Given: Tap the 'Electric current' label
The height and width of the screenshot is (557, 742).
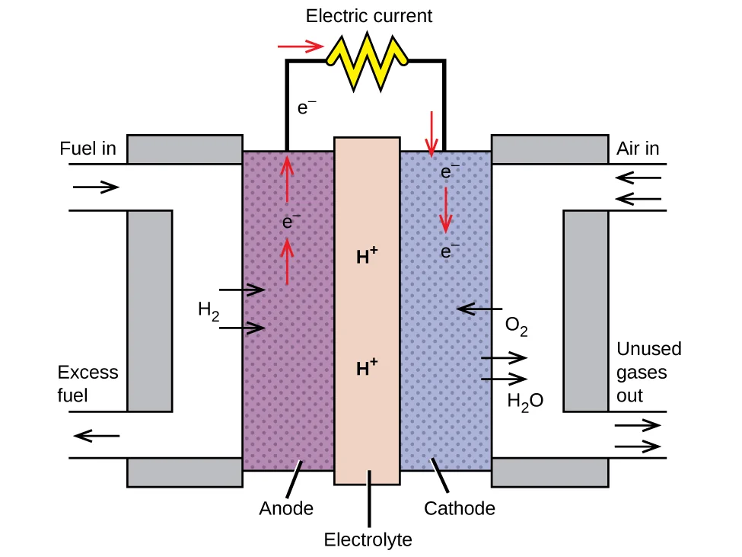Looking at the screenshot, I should click(369, 15).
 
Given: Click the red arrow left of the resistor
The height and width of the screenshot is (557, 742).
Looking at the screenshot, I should click(302, 47).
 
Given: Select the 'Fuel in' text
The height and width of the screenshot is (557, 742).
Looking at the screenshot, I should click(88, 149).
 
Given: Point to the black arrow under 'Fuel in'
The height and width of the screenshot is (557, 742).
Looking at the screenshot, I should click(97, 187).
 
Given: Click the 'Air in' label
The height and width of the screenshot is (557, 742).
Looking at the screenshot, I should click(638, 149).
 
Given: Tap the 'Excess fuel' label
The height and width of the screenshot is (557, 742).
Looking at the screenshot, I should click(88, 384).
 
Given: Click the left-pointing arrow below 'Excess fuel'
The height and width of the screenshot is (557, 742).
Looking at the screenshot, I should click(97, 436).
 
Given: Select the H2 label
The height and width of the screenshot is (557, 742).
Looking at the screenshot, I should click(208, 310).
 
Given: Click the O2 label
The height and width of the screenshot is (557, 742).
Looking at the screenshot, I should click(517, 328).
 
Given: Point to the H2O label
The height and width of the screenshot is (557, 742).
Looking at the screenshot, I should click(525, 401).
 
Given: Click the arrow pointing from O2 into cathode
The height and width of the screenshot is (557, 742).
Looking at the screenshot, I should click(475, 309).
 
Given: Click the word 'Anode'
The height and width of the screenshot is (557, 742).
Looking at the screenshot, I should click(286, 508).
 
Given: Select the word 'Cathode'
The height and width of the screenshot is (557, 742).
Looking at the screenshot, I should click(460, 508).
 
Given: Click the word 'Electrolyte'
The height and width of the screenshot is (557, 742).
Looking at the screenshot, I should click(368, 540).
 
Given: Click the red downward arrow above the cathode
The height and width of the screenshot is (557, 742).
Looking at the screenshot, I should click(432, 133).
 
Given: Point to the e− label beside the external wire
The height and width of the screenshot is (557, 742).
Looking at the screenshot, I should click(307, 108).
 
